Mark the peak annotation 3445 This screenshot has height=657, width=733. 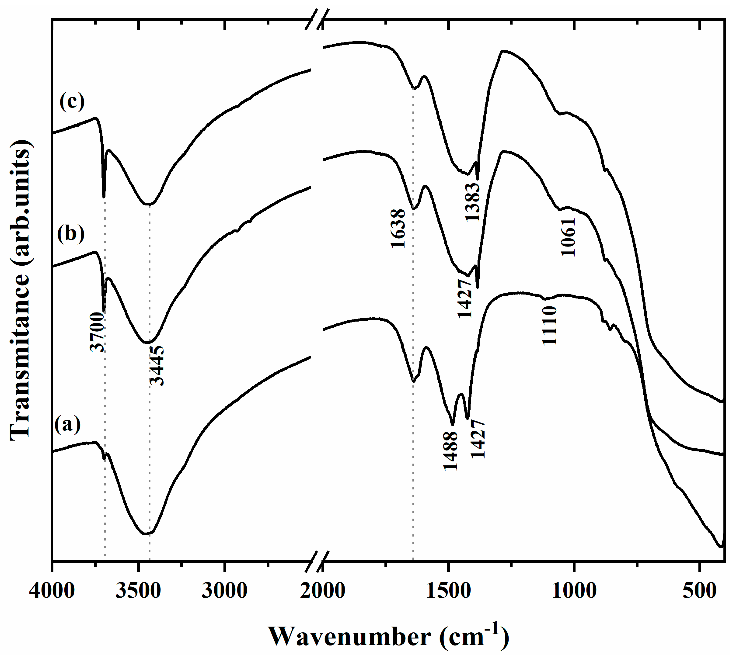(x=157, y=365)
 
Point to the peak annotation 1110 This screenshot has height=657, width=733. (x=550, y=326)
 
